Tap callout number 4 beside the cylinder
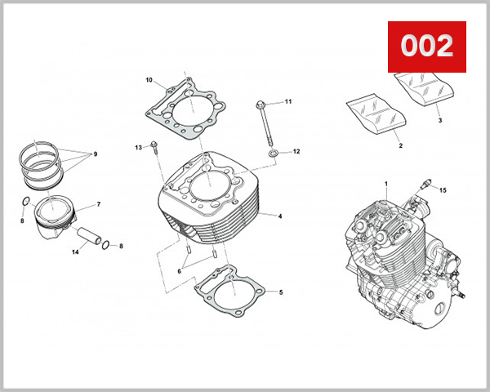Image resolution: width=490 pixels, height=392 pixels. (280, 216)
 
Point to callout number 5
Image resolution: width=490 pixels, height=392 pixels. (281, 292)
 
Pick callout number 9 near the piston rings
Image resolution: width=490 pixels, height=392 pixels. (95, 154)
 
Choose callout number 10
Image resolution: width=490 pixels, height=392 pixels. (149, 80)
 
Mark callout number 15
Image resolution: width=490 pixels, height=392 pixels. (443, 190)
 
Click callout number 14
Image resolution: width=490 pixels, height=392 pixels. (75, 252)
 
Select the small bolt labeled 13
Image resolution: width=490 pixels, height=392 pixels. (154, 147)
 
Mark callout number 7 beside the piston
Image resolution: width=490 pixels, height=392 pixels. (98, 204)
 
